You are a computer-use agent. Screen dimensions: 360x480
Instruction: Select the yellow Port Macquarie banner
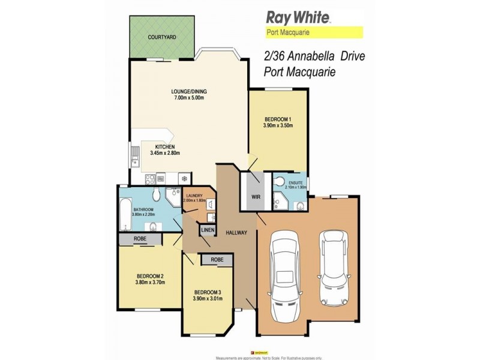[x=314, y=33]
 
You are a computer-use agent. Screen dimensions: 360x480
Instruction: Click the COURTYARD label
[x=162, y=37]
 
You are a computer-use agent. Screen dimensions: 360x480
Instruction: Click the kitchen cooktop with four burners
[x=151, y=178]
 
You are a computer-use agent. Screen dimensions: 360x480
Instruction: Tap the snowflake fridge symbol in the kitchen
[x=184, y=178]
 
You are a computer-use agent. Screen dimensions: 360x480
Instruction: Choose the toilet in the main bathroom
[x=155, y=194]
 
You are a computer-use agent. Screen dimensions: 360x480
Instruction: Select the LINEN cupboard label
[x=208, y=230]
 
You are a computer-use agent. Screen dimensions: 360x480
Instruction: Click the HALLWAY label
[x=236, y=233]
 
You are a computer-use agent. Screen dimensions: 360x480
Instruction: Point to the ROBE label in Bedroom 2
[x=139, y=238]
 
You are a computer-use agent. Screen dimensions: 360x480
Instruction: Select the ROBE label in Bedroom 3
[x=217, y=260]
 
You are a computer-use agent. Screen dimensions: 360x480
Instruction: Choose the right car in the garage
[x=334, y=267]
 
